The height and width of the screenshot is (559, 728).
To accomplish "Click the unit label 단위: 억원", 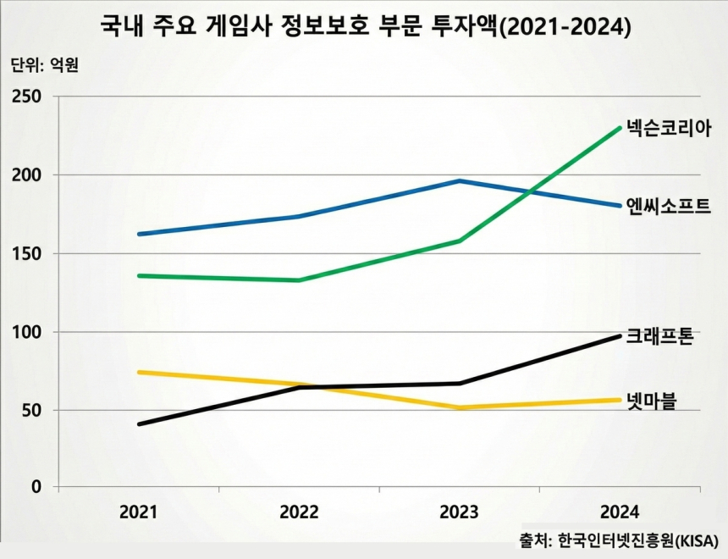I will pyautogui.click(x=44, y=64).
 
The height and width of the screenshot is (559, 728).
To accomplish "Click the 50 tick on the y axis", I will pyautogui.click(x=30, y=410).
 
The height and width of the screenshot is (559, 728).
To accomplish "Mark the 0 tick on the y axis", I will pyautogui.click(x=36, y=487).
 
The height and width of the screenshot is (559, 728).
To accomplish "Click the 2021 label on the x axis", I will pyautogui.click(x=138, y=512).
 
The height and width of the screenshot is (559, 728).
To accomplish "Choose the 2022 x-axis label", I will pyautogui.click(x=298, y=512).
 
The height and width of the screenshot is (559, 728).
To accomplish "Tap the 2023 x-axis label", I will pyautogui.click(x=458, y=512).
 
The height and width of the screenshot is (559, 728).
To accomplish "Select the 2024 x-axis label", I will pyautogui.click(x=619, y=512).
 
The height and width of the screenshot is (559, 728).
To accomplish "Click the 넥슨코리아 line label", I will pyautogui.click(x=668, y=129).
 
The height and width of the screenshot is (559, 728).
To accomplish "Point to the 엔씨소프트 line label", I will pyautogui.click(x=668, y=206).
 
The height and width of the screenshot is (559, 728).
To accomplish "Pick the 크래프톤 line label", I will pyautogui.click(x=660, y=337).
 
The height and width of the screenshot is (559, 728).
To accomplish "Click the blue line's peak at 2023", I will pyautogui.click(x=458, y=180).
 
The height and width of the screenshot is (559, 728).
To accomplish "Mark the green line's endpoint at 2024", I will pyautogui.click(x=620, y=128).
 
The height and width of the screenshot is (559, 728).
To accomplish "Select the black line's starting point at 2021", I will pyautogui.click(x=139, y=423).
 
